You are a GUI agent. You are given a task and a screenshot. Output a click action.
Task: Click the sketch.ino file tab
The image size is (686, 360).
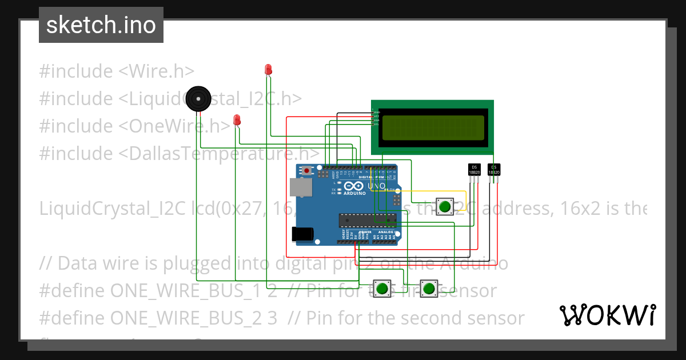click(101, 25)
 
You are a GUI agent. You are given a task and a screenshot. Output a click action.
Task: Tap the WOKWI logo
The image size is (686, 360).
click(607, 315)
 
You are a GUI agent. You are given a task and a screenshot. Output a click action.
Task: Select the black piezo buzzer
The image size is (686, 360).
click(198, 99)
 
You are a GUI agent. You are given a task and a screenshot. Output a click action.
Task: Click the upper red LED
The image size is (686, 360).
click(268, 70)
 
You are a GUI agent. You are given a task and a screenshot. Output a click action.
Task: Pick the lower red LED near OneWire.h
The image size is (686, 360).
click(237, 120)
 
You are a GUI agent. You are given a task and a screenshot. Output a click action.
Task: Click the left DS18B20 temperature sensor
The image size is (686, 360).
click(474, 169)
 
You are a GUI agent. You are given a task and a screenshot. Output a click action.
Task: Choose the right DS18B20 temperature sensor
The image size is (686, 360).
click(494, 169)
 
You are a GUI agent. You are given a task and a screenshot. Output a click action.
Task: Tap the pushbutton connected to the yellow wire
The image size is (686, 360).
click(444, 206)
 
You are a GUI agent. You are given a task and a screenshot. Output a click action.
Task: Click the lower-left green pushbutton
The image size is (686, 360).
click(381, 287)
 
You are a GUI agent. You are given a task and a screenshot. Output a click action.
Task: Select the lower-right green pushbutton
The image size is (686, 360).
click(428, 287)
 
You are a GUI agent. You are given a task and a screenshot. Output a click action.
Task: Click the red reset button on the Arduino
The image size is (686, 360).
click(307, 171)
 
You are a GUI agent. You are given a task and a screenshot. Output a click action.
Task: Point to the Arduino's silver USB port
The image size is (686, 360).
click(298, 187)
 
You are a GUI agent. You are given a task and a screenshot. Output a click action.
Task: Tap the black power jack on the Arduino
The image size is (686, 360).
click(302, 234)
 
